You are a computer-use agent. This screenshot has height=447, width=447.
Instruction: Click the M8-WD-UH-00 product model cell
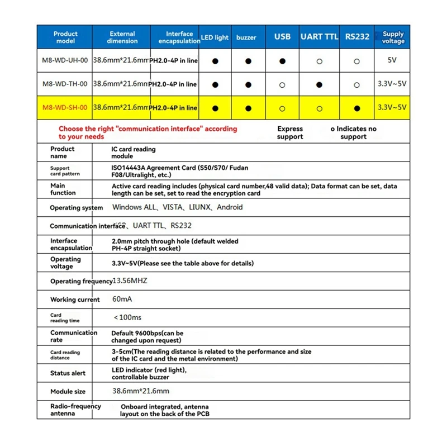[65, 61]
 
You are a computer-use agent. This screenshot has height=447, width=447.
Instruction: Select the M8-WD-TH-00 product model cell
[65, 84]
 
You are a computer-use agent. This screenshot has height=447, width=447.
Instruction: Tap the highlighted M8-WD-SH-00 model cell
[65, 108]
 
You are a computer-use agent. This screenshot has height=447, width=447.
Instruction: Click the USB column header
[283, 37]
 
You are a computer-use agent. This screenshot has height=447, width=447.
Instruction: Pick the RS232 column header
[357, 37]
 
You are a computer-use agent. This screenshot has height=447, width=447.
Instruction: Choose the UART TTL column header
[320, 37]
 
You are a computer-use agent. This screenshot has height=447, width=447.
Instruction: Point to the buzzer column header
[246, 37]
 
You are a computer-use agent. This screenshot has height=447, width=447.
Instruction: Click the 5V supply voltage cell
[393, 61]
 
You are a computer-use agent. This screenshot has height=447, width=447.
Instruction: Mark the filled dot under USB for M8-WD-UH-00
[283, 61]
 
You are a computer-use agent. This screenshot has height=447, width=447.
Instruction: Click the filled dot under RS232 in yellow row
[357, 108]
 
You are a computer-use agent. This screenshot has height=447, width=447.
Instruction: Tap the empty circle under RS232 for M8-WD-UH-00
[357, 61]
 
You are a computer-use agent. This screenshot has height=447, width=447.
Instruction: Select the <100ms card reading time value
[127, 317]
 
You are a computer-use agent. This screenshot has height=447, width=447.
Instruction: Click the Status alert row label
[68, 373]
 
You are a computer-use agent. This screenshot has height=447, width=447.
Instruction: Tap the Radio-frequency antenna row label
[75, 410]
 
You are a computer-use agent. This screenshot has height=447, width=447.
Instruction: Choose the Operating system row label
[77, 208]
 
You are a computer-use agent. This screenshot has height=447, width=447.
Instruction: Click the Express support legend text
[290, 133]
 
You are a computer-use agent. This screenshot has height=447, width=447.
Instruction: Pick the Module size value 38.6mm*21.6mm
[141, 391]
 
